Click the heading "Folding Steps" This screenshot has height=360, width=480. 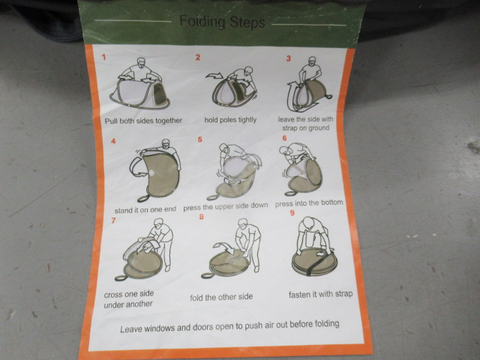222,22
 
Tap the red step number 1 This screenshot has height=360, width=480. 104,57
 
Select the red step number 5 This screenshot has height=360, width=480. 200,139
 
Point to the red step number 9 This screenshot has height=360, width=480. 292,213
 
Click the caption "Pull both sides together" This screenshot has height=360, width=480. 143,121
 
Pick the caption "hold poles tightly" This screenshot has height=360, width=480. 230,120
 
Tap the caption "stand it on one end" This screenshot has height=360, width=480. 145,210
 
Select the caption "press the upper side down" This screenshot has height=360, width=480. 226,207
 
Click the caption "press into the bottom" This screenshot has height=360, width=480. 309,203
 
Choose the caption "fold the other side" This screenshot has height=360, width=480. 221,297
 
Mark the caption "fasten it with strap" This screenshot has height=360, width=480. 320,294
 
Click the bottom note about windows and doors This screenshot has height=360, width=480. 229,326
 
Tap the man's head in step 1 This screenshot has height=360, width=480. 141,63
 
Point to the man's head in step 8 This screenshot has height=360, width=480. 243,224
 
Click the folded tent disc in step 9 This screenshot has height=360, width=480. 314,262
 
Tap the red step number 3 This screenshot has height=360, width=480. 288,58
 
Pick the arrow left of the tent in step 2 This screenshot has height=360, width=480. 214,76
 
